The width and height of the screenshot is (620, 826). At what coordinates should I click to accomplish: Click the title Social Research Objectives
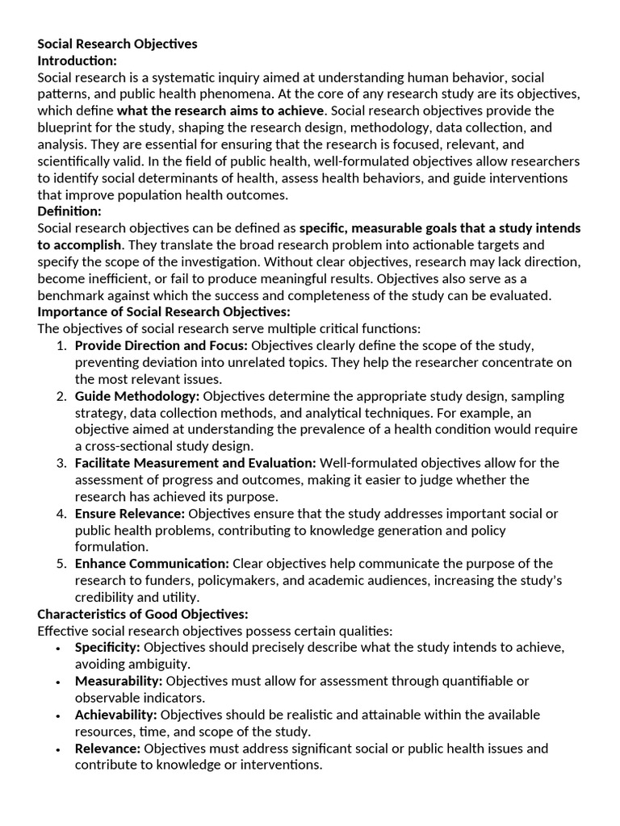[x=117, y=44]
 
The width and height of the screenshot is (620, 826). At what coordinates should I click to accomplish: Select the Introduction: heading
[x=77, y=60]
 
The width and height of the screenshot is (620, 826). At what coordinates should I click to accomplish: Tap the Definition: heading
[x=69, y=211]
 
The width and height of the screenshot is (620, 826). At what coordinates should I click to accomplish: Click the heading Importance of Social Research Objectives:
[x=164, y=312]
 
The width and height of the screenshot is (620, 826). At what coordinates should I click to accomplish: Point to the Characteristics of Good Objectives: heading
[x=143, y=614]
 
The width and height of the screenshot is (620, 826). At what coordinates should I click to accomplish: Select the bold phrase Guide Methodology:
[x=137, y=396]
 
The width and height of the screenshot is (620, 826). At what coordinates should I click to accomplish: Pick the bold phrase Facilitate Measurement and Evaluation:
[x=195, y=463]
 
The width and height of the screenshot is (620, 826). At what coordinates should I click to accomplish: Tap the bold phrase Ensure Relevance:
[x=130, y=513]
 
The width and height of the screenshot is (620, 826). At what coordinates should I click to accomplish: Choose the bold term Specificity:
[x=107, y=648]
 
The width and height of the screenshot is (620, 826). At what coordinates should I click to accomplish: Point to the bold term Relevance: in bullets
[x=107, y=749]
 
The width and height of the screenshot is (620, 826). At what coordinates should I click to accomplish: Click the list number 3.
[x=61, y=463]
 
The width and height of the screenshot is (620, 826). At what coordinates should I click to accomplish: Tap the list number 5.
[x=61, y=563]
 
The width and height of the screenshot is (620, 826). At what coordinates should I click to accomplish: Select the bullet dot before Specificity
[x=58, y=649]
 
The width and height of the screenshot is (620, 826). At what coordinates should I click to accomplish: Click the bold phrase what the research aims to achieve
[x=220, y=111]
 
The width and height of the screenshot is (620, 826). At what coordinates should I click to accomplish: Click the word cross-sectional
[x=130, y=446]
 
